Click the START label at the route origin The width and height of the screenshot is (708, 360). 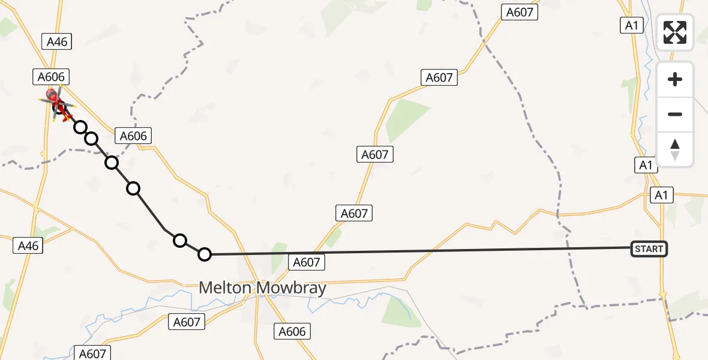pos(649,249)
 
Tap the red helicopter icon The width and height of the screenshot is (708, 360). pos(58,103)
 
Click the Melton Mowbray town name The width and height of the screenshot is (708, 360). pos(262,288)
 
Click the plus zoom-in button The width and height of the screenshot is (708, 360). pos(675,79)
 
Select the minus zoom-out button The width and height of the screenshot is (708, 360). pos(675,114)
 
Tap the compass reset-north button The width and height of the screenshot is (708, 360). pos(675,149)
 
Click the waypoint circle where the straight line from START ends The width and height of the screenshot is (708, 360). pos(205,254)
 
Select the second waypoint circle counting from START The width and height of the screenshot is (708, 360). pos(180,241)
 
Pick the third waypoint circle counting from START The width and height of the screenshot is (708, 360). pos(133,188)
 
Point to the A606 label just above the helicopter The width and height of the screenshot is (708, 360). pos(51,77)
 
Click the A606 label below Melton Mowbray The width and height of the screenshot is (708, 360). pos(293,331)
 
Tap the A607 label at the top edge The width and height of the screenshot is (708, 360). pos(520,12)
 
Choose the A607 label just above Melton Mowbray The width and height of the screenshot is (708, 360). pos(307,262)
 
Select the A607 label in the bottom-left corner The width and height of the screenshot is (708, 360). pos(92,354)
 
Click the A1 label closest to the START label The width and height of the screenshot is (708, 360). pos(661,195)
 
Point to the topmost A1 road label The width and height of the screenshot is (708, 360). pos(631,25)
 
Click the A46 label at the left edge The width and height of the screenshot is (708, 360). pos(28,245)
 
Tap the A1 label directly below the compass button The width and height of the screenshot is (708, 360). pos(646,165)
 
